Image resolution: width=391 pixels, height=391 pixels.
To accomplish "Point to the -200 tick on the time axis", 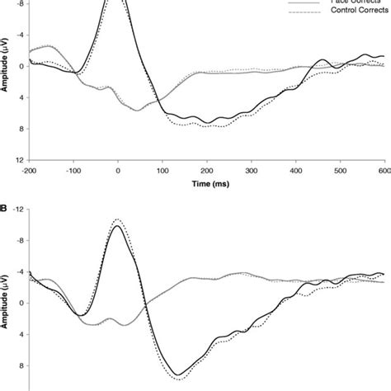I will tap(30, 171).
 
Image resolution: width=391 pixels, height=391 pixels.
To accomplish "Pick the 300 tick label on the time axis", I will tap(252, 171).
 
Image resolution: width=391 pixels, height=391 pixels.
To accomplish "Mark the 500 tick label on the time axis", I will tap(340, 171).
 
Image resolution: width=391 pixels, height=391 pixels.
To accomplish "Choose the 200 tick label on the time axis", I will tap(207, 171).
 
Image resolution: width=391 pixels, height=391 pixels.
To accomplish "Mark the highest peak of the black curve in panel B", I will tap(117, 226).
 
